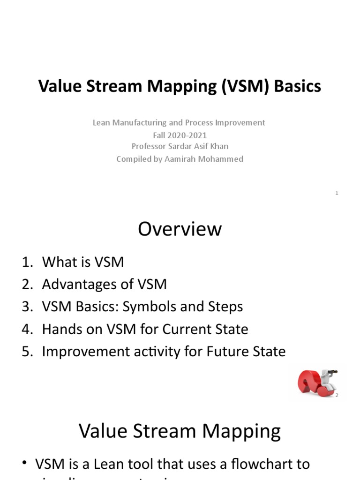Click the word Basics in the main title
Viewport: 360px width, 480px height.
(x=298, y=86)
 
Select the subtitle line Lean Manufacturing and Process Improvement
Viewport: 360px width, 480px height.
(x=179, y=122)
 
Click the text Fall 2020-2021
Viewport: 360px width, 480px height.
(x=180, y=135)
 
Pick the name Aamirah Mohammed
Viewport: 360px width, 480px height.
(x=203, y=159)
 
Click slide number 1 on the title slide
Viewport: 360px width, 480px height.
(x=337, y=193)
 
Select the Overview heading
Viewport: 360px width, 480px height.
(x=180, y=229)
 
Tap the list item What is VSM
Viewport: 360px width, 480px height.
(x=83, y=262)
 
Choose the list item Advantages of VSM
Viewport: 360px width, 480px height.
(x=104, y=284)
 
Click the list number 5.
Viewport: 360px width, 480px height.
(x=26, y=352)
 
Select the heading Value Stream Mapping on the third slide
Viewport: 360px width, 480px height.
(x=180, y=431)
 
